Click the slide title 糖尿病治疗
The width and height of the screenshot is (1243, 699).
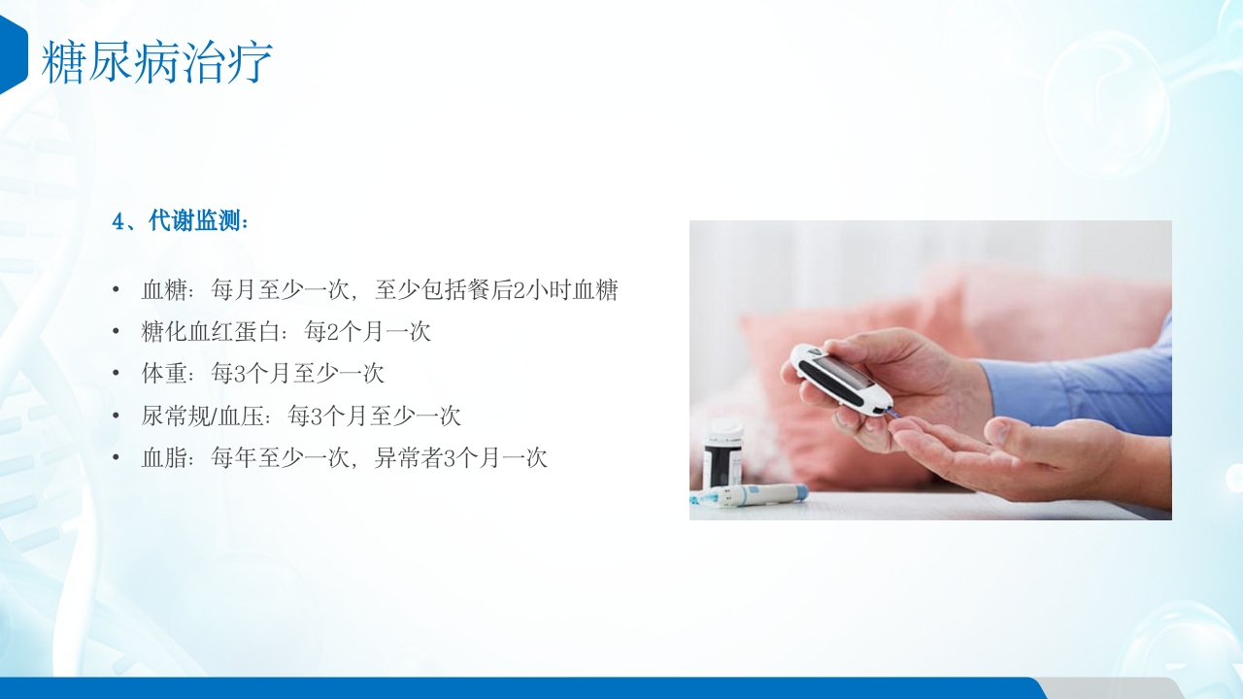[156, 62]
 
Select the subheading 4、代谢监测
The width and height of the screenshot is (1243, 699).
[181, 221]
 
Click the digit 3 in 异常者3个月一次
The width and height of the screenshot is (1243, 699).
[450, 457]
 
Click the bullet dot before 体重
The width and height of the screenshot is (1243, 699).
[117, 373]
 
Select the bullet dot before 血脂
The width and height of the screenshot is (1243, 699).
[117, 457]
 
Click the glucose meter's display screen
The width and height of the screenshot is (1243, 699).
[837, 372]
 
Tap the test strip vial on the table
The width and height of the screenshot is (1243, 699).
[722, 453]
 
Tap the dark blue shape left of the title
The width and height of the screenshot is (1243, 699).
[12, 55]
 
